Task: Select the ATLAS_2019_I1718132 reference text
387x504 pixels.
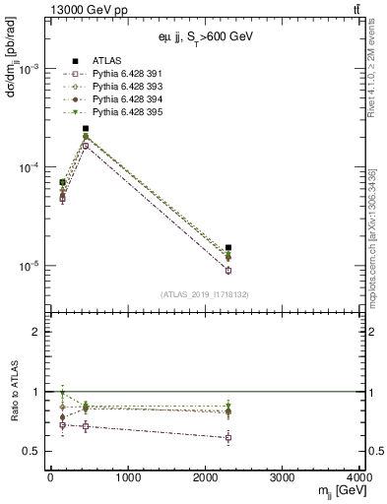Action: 197,294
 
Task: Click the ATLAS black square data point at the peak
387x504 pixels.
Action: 86,128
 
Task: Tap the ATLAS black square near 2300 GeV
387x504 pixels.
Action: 228,248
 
